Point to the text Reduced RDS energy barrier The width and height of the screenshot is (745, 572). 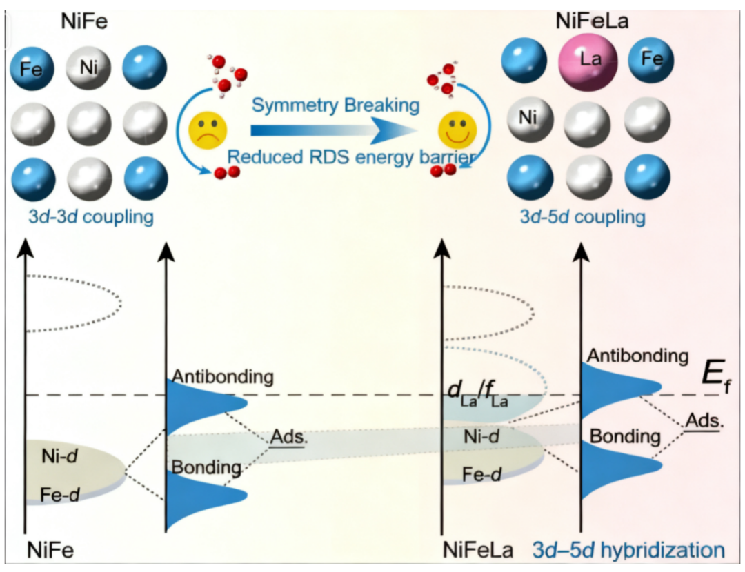click(352, 156)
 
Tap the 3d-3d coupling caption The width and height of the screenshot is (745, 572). click(82, 218)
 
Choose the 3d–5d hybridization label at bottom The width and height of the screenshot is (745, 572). click(628, 550)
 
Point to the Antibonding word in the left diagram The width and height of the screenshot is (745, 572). click(223, 377)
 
